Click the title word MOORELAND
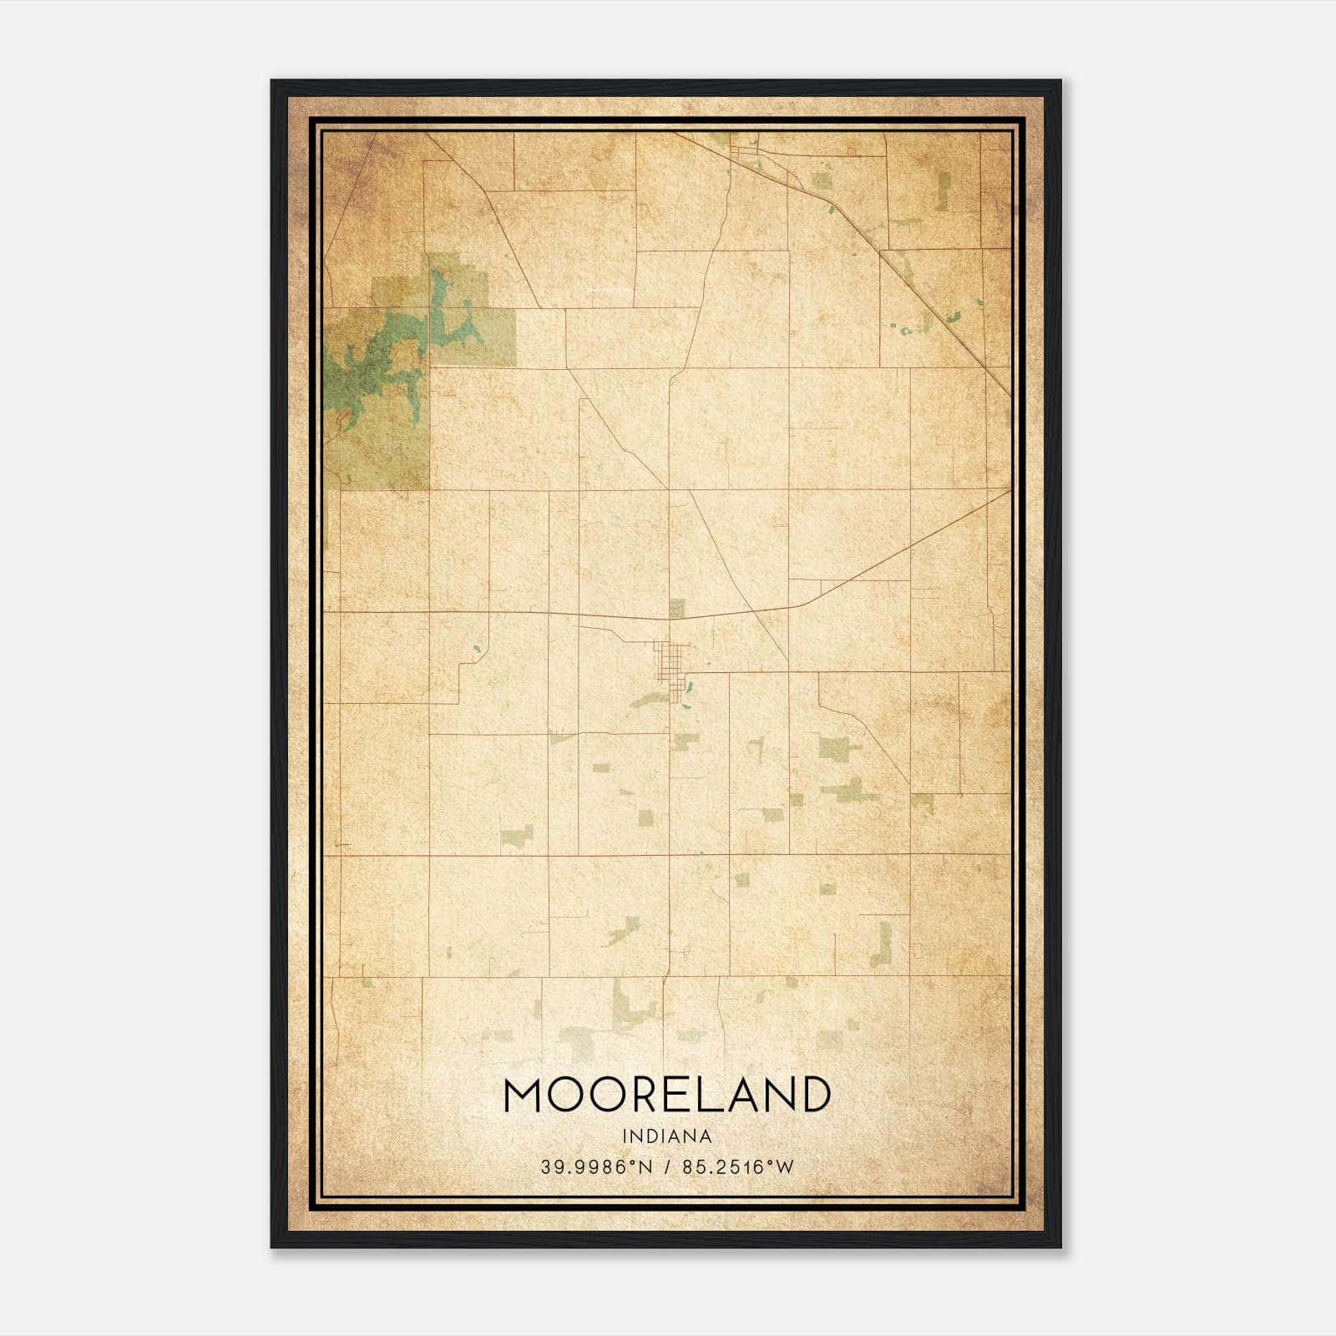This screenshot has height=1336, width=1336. point(667,1095)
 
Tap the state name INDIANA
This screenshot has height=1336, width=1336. point(667,1136)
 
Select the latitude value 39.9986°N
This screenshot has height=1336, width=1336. point(594,1167)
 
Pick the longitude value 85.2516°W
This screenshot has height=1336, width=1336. point(738,1167)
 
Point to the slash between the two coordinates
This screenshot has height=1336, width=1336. point(666,1167)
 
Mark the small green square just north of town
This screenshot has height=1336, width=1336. point(676,609)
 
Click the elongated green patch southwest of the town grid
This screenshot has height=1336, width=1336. point(650,699)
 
